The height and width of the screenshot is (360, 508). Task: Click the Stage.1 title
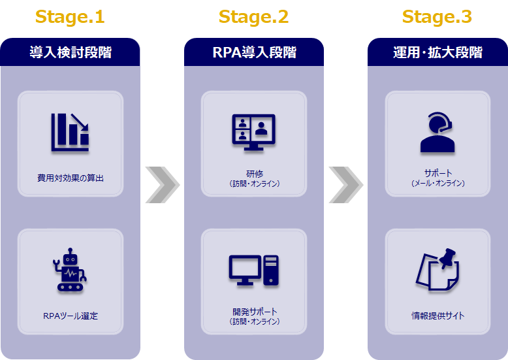click(x=70, y=17)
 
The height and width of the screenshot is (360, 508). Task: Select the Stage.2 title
click(x=254, y=17)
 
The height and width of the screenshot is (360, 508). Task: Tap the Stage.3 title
click(x=437, y=17)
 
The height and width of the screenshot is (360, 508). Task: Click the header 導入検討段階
click(x=71, y=52)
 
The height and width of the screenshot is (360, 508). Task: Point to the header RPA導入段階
click(x=254, y=52)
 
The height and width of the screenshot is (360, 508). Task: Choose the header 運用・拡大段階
click(x=437, y=52)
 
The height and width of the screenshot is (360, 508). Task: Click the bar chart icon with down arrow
click(x=70, y=133)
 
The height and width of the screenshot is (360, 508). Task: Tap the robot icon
click(x=70, y=270)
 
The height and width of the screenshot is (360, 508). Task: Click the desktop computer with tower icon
click(x=254, y=270)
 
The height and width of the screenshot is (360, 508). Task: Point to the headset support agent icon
click(x=437, y=133)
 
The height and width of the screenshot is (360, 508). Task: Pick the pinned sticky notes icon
click(x=437, y=270)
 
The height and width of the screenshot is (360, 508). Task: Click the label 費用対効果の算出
click(x=71, y=178)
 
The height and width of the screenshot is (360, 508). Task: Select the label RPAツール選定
click(x=71, y=316)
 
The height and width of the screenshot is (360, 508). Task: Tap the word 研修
click(x=254, y=174)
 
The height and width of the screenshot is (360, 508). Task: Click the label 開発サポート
click(x=255, y=312)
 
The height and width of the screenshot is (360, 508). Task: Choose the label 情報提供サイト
click(x=437, y=316)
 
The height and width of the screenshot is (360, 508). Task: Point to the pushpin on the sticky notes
click(x=447, y=257)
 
